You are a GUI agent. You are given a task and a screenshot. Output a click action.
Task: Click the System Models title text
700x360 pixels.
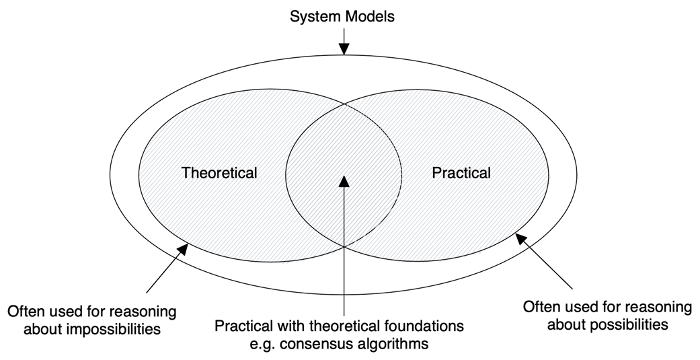tap(342, 17)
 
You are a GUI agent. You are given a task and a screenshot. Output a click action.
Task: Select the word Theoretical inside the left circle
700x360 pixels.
tap(219, 173)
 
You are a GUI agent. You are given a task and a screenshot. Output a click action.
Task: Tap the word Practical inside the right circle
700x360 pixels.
tap(461, 173)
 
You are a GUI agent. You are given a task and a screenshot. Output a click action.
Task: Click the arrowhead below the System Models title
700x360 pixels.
tap(344, 49)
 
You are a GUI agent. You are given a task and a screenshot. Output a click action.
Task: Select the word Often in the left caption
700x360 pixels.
tap(25, 313)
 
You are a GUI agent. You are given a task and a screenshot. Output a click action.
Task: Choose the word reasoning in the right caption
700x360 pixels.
tap(662, 308)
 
